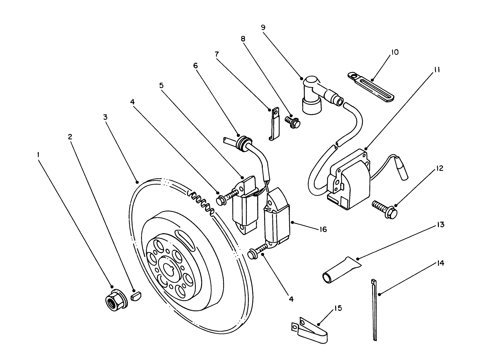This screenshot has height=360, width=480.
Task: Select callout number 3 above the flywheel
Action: (106, 117)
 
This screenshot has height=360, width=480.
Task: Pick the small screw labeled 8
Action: (293, 122)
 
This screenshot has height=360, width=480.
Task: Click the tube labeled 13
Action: (340, 270)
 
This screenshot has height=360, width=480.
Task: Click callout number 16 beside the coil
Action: (323, 229)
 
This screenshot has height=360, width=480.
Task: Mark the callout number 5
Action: (161, 85)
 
